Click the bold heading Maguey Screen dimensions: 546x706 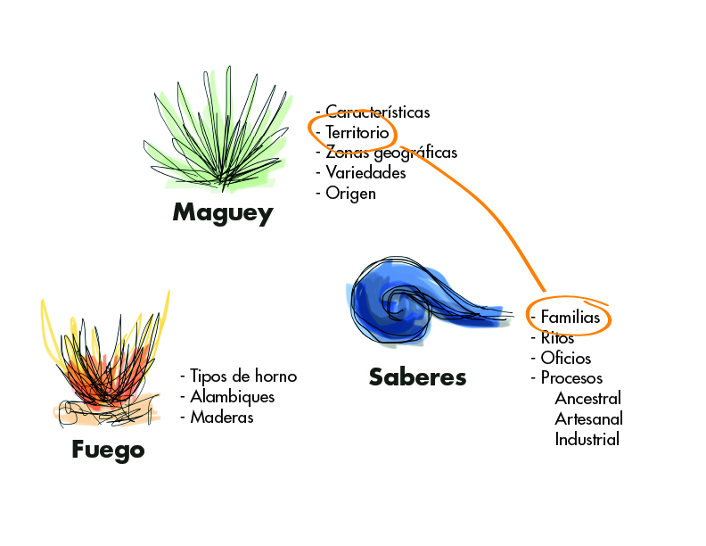click(223, 213)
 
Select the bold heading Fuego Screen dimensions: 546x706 click(108, 450)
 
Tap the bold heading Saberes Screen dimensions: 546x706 click(417, 376)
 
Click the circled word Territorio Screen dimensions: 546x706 click(357, 132)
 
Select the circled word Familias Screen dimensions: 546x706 click(571, 318)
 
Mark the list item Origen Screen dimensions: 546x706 click(350, 194)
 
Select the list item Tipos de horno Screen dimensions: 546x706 click(242, 376)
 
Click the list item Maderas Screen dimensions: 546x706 click(221, 418)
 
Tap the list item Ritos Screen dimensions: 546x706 click(557, 338)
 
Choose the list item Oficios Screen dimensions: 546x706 click(565, 359)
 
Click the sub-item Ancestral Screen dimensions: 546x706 click(587, 398)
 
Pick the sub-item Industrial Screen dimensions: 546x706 click(587, 439)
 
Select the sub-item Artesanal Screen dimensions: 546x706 click(588, 418)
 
